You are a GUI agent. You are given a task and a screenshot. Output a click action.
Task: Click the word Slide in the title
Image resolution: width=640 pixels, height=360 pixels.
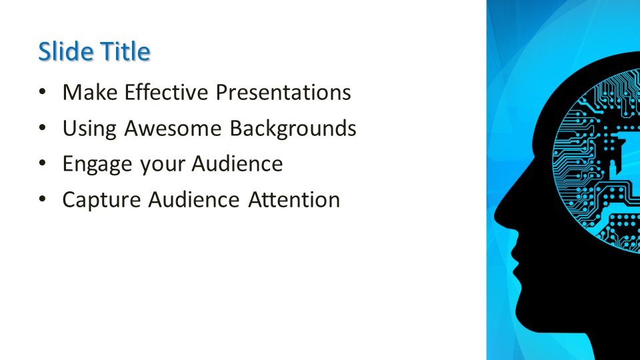pyautogui.click(x=66, y=51)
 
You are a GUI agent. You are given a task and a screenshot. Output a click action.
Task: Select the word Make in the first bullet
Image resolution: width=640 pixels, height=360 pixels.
pyautogui.click(x=90, y=92)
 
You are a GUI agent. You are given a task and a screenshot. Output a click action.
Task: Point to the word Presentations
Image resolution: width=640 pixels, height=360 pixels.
pyautogui.click(x=283, y=92)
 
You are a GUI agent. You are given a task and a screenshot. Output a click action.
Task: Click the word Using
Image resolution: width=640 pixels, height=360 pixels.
pyautogui.click(x=89, y=129)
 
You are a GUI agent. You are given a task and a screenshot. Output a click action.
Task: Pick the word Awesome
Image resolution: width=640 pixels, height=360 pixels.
pyautogui.click(x=173, y=128)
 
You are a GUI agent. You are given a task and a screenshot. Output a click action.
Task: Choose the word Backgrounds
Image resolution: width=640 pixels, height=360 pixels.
pyautogui.click(x=293, y=128)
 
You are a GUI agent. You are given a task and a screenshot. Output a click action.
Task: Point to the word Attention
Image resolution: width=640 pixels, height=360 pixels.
pyautogui.click(x=294, y=200)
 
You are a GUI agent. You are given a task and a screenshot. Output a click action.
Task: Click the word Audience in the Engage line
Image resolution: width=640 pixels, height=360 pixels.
pyautogui.click(x=237, y=164)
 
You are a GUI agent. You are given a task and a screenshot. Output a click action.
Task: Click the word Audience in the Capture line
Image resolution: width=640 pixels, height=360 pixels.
pyautogui.click(x=194, y=200)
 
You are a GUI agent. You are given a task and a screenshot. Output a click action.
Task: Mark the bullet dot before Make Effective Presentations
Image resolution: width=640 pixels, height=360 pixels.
pyautogui.click(x=43, y=92)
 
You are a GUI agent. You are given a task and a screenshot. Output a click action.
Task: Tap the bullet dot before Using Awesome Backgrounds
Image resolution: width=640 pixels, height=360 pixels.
pyautogui.click(x=43, y=128)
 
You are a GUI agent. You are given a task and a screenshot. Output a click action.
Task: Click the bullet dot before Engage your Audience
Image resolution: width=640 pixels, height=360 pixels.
pyautogui.click(x=43, y=164)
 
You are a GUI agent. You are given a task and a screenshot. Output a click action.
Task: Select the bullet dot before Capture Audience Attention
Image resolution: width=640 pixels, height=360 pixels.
pyautogui.click(x=43, y=200)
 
